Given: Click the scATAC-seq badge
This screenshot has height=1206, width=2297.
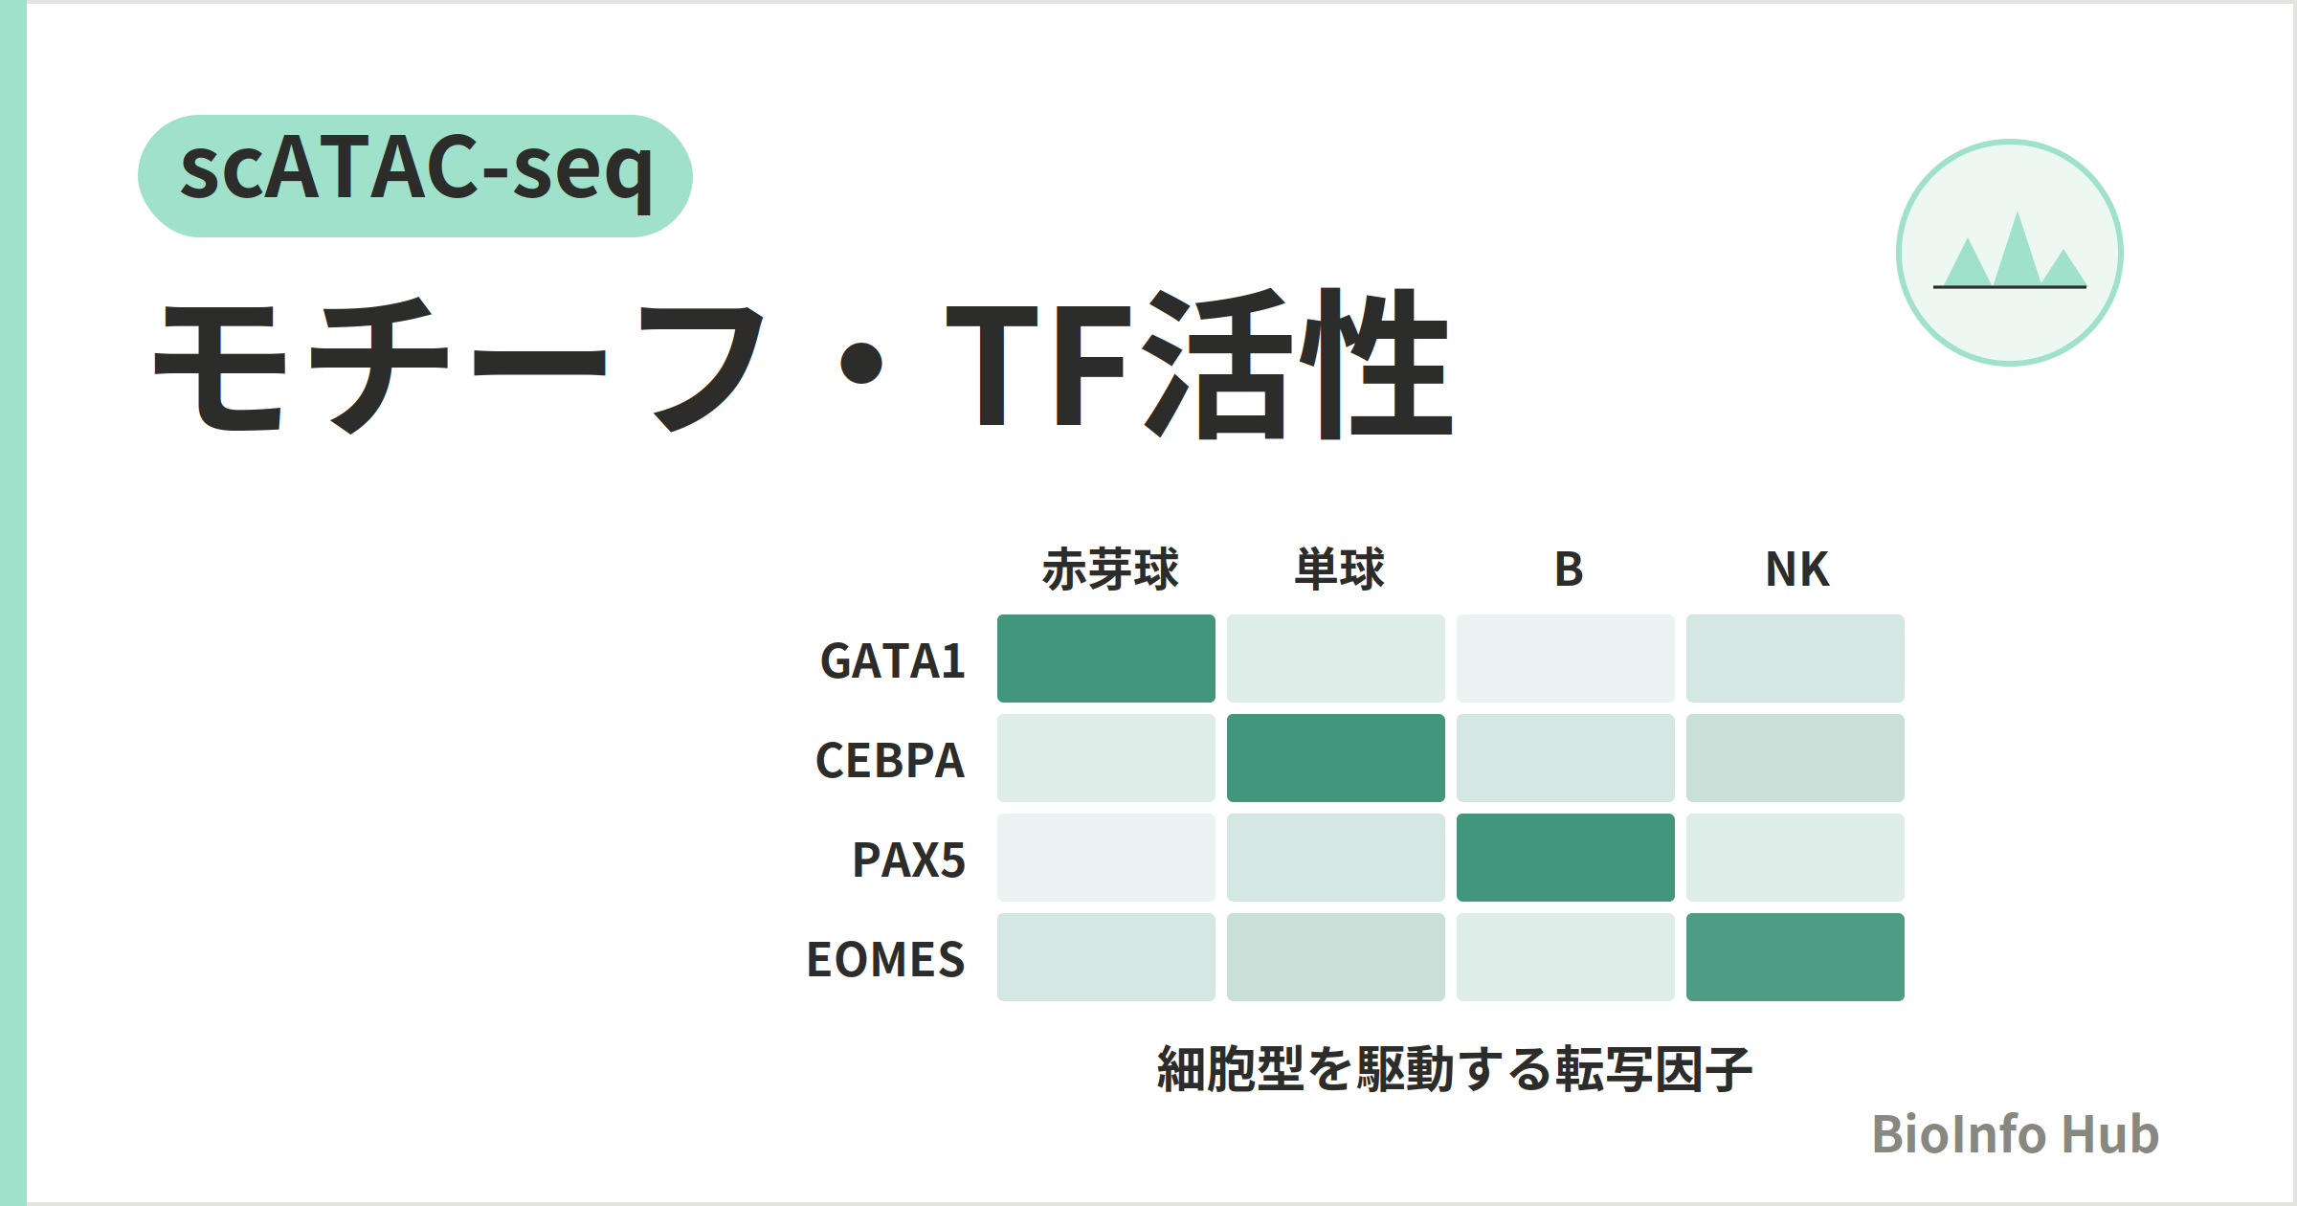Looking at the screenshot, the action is coord(415,176).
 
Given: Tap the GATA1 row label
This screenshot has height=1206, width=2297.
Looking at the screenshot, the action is coord(893,660).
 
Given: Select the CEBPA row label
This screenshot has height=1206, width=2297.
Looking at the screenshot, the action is coord(890,760).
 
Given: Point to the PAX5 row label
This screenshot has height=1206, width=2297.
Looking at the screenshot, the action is coord(909,860).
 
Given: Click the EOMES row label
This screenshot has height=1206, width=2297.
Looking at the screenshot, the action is coord(886,959).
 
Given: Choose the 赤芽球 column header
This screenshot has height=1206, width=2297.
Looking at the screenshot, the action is coord(1110,569).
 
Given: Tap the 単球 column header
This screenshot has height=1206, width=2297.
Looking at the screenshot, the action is coord(1339,569).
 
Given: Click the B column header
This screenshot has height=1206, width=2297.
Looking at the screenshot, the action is coord(1569,569).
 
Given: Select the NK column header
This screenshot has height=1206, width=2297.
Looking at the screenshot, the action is coord(1797,569).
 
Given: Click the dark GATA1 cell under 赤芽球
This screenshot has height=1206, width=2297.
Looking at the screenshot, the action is coord(1106,659).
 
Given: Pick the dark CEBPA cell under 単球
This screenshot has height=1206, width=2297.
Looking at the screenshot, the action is coord(1336,758).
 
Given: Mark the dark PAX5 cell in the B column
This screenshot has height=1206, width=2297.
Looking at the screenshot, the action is coord(1566,858).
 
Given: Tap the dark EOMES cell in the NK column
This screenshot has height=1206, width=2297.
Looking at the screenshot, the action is coord(1795,957).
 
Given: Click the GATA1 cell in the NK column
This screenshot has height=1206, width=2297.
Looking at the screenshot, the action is coord(1795,659).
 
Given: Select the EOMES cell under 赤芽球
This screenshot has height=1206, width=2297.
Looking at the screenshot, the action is coord(1106,957).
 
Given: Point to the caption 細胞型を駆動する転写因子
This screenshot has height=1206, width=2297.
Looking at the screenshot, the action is coord(1455,1069).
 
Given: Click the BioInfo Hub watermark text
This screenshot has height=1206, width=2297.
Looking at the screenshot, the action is coord(2016,1134).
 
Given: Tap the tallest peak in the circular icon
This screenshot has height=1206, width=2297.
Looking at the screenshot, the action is coord(2018,248).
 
